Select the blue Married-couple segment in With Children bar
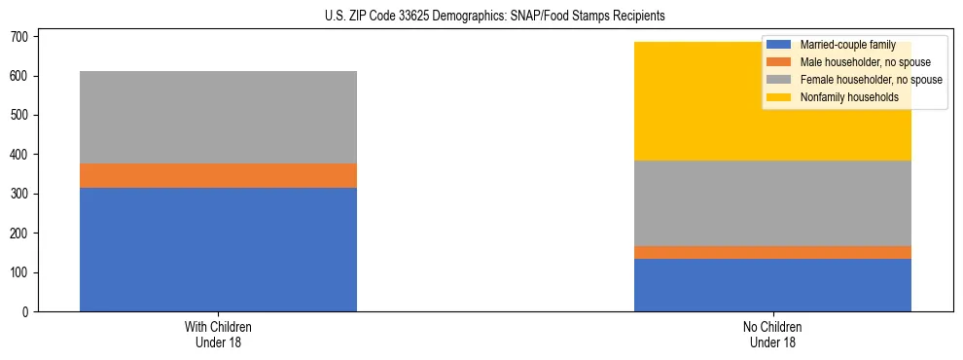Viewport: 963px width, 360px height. [218, 249]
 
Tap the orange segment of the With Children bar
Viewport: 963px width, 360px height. [218, 175]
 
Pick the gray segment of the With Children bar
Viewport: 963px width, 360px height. [218, 117]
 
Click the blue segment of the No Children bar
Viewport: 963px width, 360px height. [772, 285]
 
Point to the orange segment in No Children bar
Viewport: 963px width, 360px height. [772, 252]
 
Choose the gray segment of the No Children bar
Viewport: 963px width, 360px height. [772, 202]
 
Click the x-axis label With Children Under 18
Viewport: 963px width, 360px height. [218, 334]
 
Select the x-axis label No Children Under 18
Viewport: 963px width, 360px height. [772, 334]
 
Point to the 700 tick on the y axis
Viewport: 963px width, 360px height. [23, 37]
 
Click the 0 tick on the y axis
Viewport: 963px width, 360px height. [29, 311]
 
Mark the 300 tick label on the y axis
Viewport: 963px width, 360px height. [23, 194]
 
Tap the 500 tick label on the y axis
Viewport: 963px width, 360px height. [23, 116]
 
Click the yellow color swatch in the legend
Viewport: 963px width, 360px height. [779, 97]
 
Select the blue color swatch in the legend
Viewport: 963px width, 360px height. [779, 45]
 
